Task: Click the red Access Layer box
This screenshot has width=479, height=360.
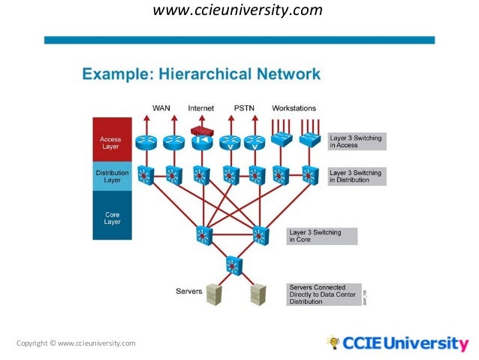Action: [111, 142]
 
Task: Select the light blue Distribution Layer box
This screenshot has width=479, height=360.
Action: [111, 176]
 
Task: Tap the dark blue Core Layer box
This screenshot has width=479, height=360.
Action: [111, 217]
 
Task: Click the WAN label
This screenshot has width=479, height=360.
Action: [161, 108]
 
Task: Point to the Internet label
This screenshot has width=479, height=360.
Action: [201, 108]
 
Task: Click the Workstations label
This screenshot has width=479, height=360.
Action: [294, 108]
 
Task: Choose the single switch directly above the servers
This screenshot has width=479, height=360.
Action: [233, 265]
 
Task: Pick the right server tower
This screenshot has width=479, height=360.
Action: [258, 294]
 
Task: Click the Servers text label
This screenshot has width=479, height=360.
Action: [188, 290]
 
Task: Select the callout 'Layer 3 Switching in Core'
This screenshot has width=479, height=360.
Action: [322, 236]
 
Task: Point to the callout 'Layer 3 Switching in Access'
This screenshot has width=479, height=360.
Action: [357, 141]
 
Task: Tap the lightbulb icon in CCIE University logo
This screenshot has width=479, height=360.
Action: [333, 343]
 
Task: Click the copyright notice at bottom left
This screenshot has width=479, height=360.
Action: [76, 343]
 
